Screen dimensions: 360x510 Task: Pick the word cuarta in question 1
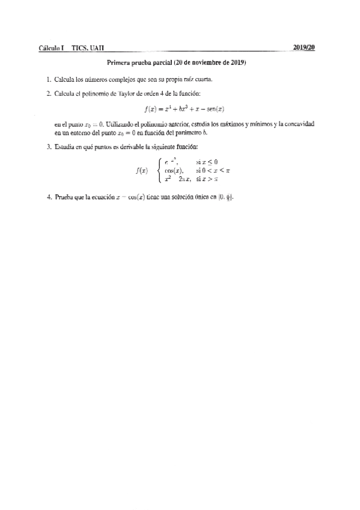pyautogui.click(x=201, y=79)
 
